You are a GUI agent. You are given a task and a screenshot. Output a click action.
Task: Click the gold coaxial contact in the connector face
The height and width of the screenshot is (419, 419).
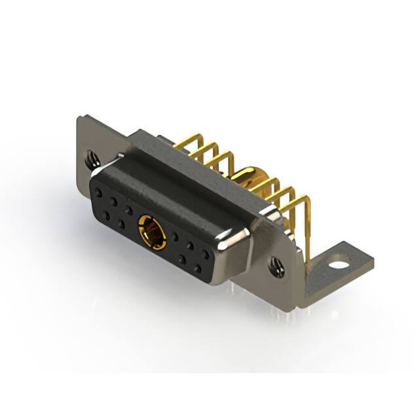click(151, 232)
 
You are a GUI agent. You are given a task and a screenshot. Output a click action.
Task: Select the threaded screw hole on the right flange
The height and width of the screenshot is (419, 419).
click(276, 265)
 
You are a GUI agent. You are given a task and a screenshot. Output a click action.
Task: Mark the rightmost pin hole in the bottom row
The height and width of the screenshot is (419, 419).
click(197, 269)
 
